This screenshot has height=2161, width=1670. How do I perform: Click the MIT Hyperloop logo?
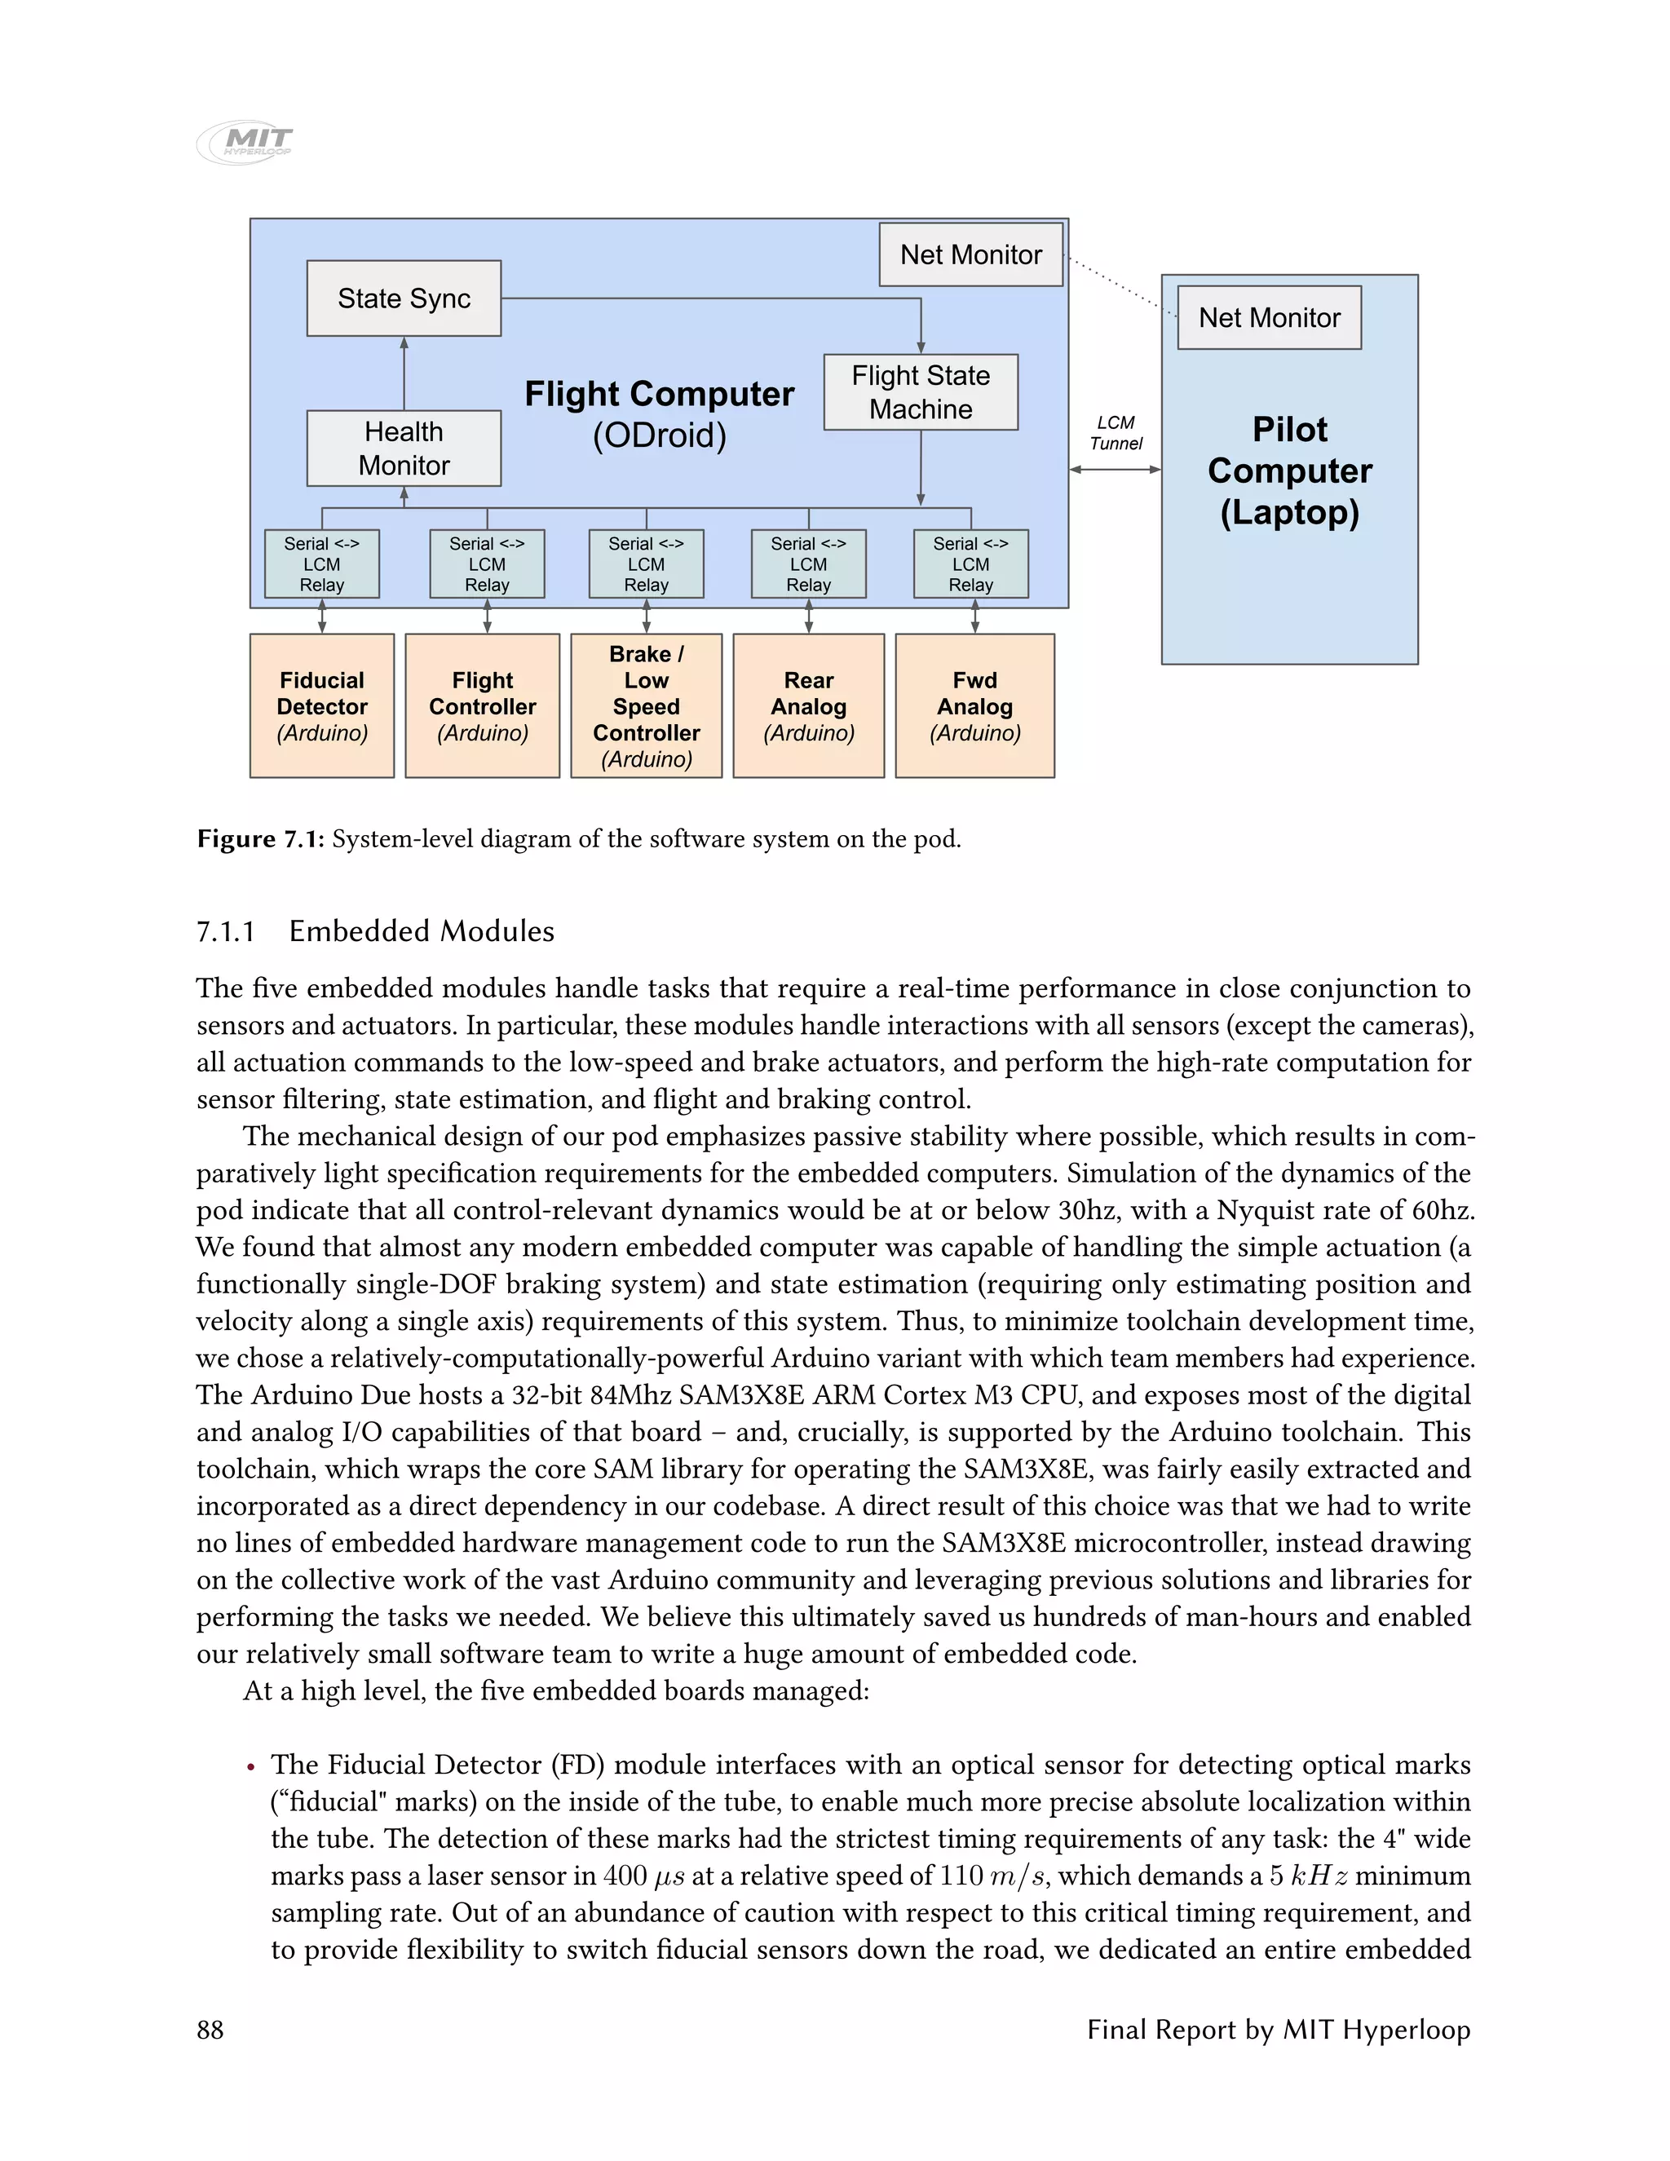click(x=245, y=143)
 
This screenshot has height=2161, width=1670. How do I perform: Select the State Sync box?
click(x=404, y=298)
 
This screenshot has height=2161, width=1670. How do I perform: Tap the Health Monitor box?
click(x=404, y=449)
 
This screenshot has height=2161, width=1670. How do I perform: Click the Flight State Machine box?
click(x=920, y=391)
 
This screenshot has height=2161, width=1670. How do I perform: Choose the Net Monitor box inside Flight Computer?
click(x=970, y=255)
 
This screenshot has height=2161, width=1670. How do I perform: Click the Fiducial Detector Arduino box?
click(x=321, y=705)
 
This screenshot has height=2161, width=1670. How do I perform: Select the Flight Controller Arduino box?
click(x=483, y=705)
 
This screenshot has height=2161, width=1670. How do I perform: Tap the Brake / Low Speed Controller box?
click(x=646, y=705)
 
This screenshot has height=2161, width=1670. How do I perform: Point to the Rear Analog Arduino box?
click(x=808, y=705)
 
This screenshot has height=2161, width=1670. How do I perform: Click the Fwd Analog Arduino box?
click(x=974, y=705)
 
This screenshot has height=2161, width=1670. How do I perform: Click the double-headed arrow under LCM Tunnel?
click(x=1115, y=470)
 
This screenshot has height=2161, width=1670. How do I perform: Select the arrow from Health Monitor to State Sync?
click(x=404, y=374)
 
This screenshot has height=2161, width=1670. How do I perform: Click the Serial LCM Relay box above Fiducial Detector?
click(x=321, y=564)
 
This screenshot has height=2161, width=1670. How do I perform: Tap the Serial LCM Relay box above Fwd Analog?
click(x=970, y=564)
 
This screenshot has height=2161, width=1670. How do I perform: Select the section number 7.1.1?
click(x=226, y=931)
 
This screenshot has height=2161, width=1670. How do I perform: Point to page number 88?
click(x=210, y=2030)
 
